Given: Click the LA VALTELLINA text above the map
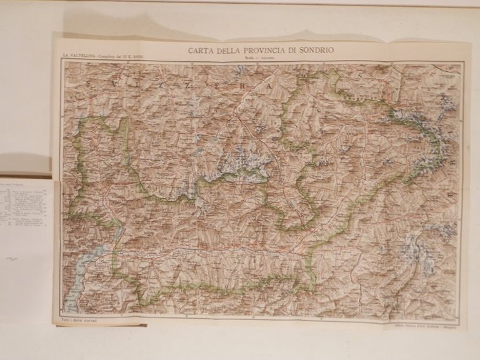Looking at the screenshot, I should [x=74, y=58].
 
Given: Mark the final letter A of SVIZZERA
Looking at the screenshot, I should [x=268, y=89].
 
